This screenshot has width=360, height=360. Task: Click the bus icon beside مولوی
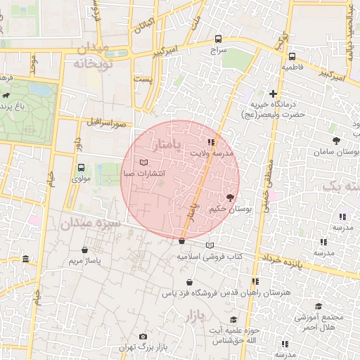tap(82, 168)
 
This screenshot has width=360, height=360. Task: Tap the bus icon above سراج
tap(218, 39)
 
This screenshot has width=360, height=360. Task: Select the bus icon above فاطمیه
tap(292, 57)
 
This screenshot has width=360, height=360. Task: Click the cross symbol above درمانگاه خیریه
tap(273, 94)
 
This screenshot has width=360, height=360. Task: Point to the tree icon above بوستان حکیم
tap(230, 198)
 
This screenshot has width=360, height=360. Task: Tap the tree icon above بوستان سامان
tap(336, 141)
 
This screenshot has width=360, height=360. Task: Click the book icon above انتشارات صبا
tap(144, 162)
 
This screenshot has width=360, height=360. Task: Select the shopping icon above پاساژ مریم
tap(85, 250)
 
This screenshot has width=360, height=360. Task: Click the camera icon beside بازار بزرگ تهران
tap(143, 337)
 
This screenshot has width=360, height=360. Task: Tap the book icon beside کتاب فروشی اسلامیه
tap(210, 245)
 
